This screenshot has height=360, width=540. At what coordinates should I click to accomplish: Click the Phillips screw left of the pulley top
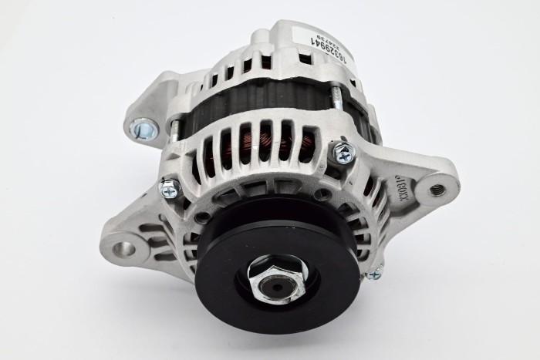point(169,186)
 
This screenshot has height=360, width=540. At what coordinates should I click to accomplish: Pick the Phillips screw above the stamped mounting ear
point(343,152)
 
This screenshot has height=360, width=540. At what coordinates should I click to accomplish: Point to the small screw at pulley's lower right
point(375,271)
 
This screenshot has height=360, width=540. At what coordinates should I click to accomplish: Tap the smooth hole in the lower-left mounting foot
point(125,250)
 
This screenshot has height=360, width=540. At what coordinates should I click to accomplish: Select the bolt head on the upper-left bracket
point(143,127)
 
